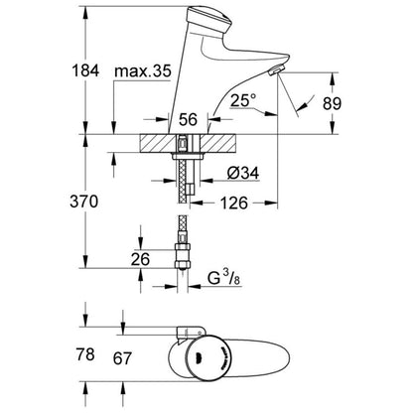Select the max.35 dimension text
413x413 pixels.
[142, 72]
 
